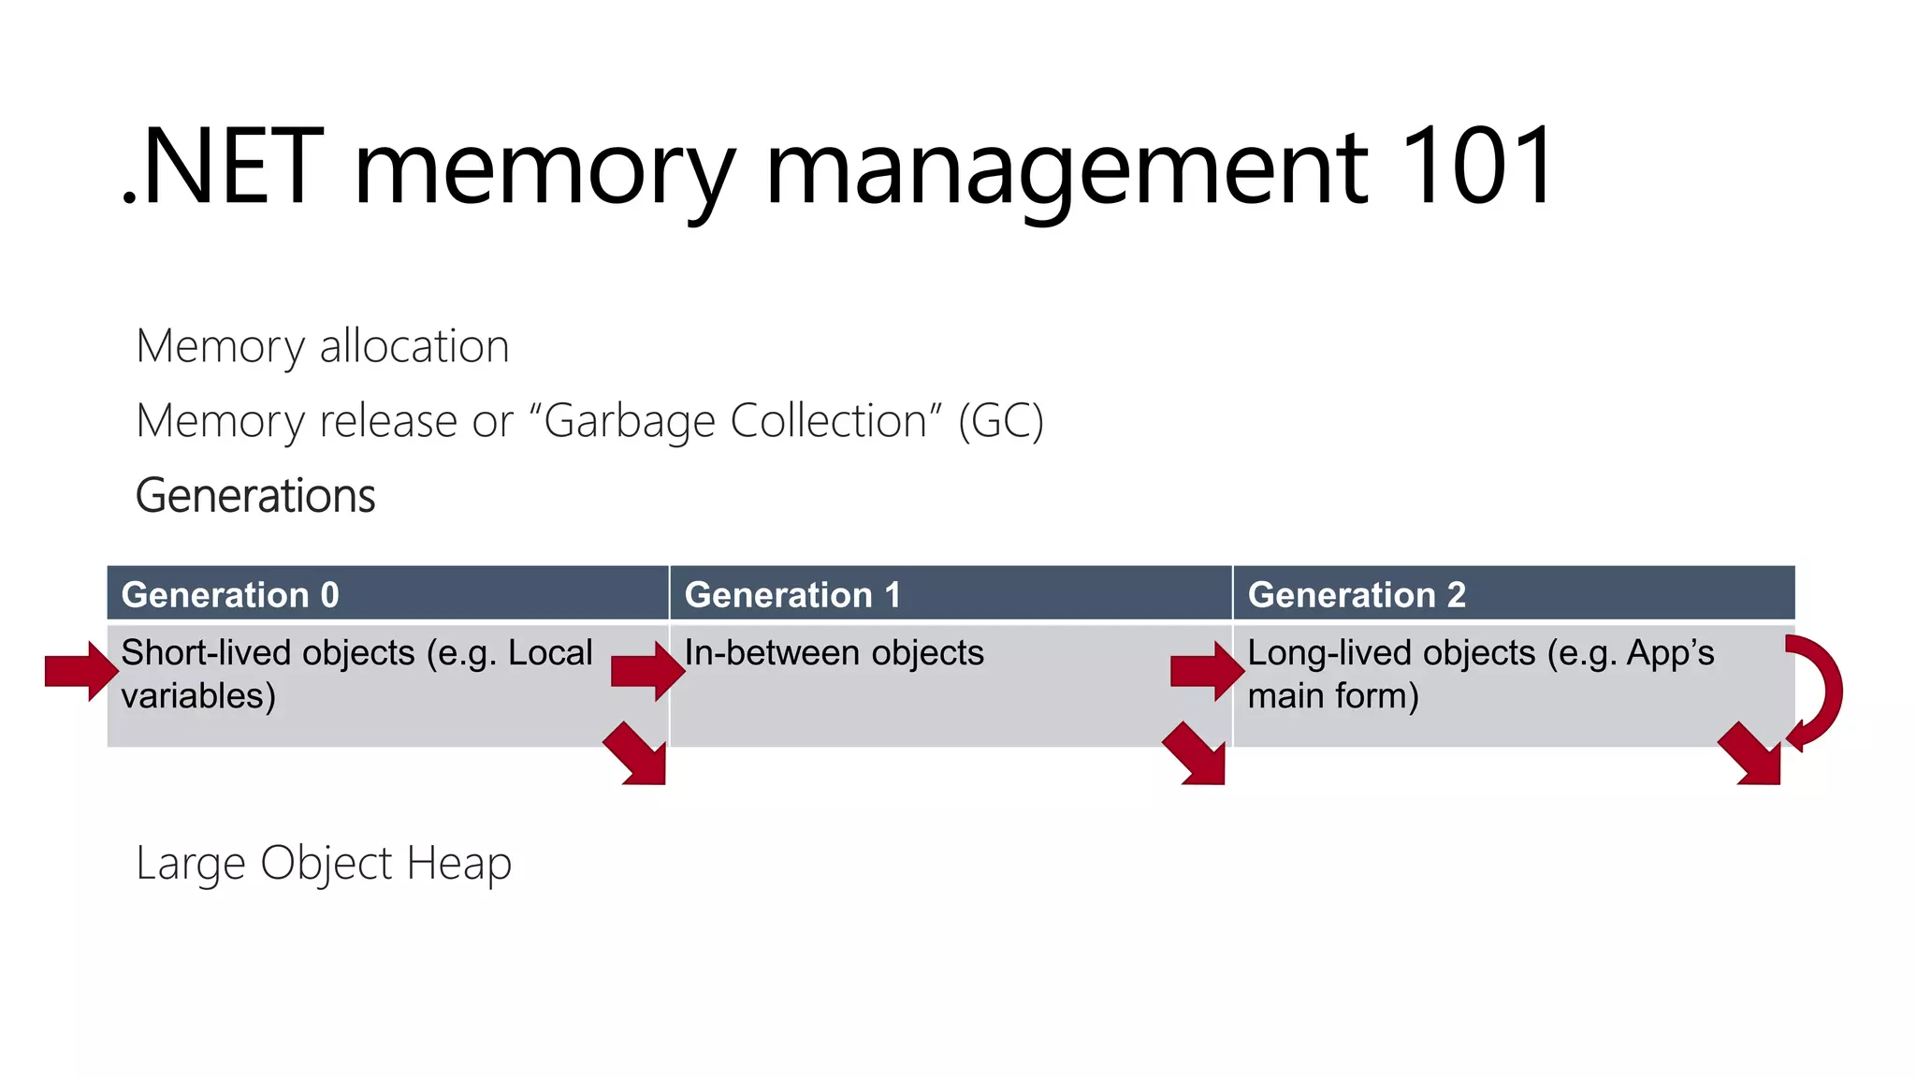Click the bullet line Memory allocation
pos(323,346)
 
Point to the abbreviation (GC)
pos(1000,421)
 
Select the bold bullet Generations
pos(255,496)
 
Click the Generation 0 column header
pos(230,595)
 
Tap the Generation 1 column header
pos(792,595)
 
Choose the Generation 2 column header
pos(1357,595)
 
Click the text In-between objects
pos(834,653)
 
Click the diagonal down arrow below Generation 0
pos(637,754)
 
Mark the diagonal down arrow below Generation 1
pos(1196,754)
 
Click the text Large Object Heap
pos(324,864)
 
